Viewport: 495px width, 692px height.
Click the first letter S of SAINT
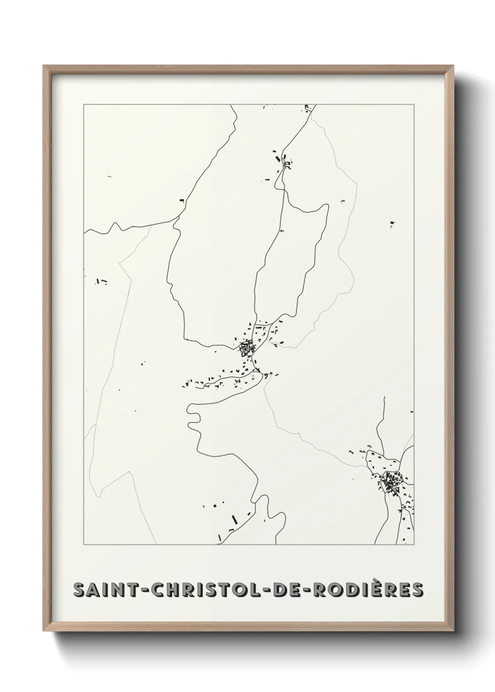[x=79, y=590]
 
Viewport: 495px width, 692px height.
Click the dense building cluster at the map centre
[x=245, y=349]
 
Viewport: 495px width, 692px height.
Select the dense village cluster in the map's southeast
[x=392, y=481]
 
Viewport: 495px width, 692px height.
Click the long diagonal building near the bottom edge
[x=234, y=519]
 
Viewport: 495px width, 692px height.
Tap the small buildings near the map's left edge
[x=101, y=282]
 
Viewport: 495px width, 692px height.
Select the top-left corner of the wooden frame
[x=45, y=67]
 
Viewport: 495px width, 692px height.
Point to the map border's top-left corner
[x=84, y=105]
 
